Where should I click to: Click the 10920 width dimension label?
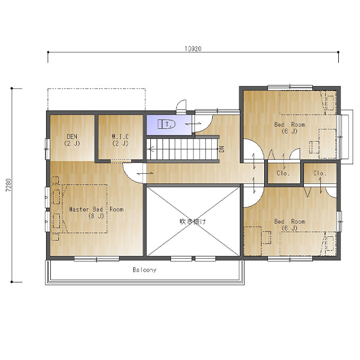pyautogui.click(x=193, y=49)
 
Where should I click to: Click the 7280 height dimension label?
pyautogui.click(x=8, y=185)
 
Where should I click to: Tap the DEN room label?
pyautogui.click(x=72, y=140)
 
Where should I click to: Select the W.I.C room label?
pyautogui.click(x=120, y=140)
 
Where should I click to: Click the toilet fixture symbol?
pyautogui.click(x=166, y=124)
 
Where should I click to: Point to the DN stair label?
pyautogui.click(x=221, y=149)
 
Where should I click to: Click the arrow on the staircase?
pyautogui.click(x=183, y=149)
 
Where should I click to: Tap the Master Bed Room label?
pyautogui.click(x=96, y=212)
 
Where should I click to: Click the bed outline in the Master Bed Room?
pyautogui.click(x=85, y=209)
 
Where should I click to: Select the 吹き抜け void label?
pyautogui.click(x=193, y=221)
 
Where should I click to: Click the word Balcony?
pyautogui.click(x=145, y=269)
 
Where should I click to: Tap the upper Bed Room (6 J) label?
pyautogui.click(x=290, y=128)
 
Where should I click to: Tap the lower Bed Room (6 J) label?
pyautogui.click(x=290, y=224)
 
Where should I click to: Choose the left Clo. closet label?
pyautogui.click(x=283, y=173)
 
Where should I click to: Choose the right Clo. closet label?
pyautogui.click(x=320, y=173)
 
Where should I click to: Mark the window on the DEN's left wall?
pyautogui.click(x=47, y=149)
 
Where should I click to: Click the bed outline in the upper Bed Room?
pyautogui.click(x=308, y=103)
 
